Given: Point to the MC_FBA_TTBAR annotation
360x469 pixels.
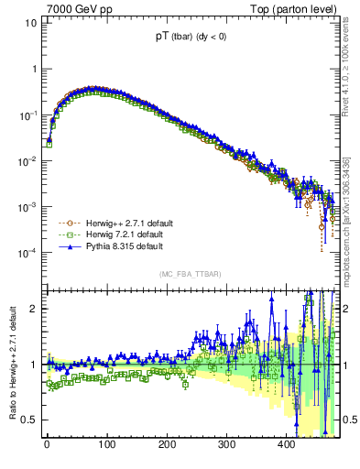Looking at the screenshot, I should coord(189,274).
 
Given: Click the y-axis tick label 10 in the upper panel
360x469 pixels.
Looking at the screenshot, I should coord(28,23).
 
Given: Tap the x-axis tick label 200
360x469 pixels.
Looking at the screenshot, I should coord(167,444).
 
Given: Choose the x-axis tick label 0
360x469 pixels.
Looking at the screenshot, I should coord(47,444).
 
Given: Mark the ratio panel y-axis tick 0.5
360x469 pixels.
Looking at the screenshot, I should coord(27,420).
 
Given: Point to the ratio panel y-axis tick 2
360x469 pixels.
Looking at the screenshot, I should coord(31,309).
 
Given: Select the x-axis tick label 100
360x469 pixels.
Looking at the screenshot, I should coord(106,444).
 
